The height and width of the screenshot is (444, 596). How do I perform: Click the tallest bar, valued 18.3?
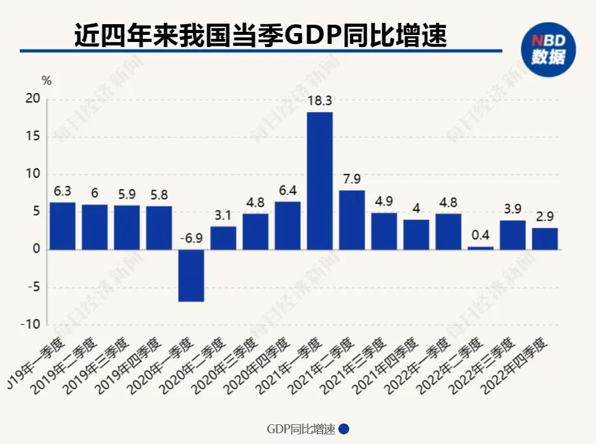pyautogui.click(x=319, y=181)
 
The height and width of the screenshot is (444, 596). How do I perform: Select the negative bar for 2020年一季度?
pyautogui.click(x=191, y=275)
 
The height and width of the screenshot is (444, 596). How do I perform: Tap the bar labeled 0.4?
pyautogui.click(x=480, y=247)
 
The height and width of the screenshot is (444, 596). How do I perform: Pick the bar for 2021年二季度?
pyautogui.click(x=352, y=219)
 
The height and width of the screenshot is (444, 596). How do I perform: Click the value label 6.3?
pyautogui.click(x=62, y=191)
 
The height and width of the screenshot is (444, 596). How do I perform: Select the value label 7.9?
pyautogui.click(x=352, y=179)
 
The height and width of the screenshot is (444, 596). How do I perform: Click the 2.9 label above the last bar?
pyautogui.click(x=544, y=216)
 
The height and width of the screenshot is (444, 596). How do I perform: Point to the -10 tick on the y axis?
pyautogui.click(x=31, y=324)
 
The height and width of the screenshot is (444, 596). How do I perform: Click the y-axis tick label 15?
pyautogui.click(x=33, y=137)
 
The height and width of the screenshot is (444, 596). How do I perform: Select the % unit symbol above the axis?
pyautogui.click(x=46, y=81)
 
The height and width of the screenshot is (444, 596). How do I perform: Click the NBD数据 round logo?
pyautogui.click(x=548, y=48)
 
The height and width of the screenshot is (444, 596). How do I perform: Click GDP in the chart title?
pyautogui.click(x=312, y=36)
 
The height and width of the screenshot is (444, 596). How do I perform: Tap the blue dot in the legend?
pyautogui.click(x=344, y=429)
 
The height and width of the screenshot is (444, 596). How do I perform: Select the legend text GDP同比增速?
pyautogui.click(x=300, y=429)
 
